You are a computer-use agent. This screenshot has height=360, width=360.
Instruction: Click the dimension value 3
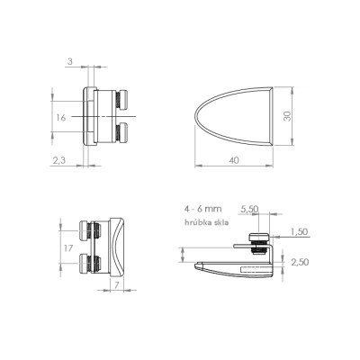70,61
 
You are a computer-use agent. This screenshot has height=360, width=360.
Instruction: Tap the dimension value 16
61,118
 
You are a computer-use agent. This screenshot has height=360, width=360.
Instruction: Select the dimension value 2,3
59,161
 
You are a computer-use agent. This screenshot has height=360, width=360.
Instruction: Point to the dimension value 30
287,116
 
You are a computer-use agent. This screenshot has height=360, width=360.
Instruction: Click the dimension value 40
234,160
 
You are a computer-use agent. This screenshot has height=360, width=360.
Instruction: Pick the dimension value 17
68,248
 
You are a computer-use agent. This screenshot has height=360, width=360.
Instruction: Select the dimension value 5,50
250,209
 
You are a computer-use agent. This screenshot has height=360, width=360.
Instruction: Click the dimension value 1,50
300,231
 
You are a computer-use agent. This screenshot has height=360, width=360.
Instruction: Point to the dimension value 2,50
300,262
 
